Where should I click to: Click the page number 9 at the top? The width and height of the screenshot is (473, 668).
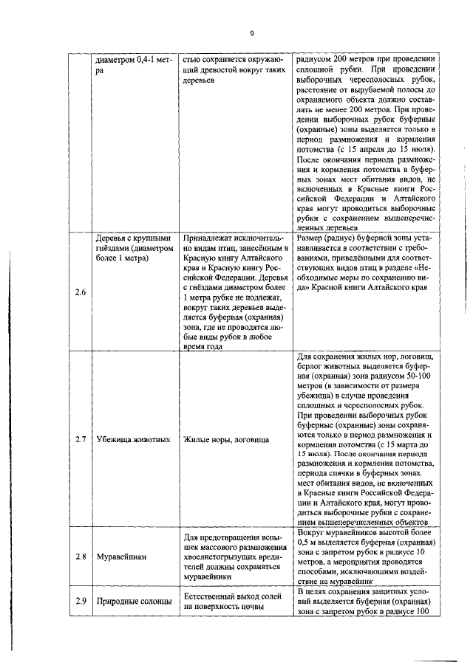pyautogui.click(x=251, y=33)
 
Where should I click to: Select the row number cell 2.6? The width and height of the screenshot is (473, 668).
pyautogui.click(x=81, y=292)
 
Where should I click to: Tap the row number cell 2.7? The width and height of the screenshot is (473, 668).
pyautogui.click(x=81, y=439)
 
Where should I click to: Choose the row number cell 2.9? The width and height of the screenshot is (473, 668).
pyautogui.click(x=81, y=601)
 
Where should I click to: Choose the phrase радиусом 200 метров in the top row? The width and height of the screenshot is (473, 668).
pyautogui.click(x=332, y=58)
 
